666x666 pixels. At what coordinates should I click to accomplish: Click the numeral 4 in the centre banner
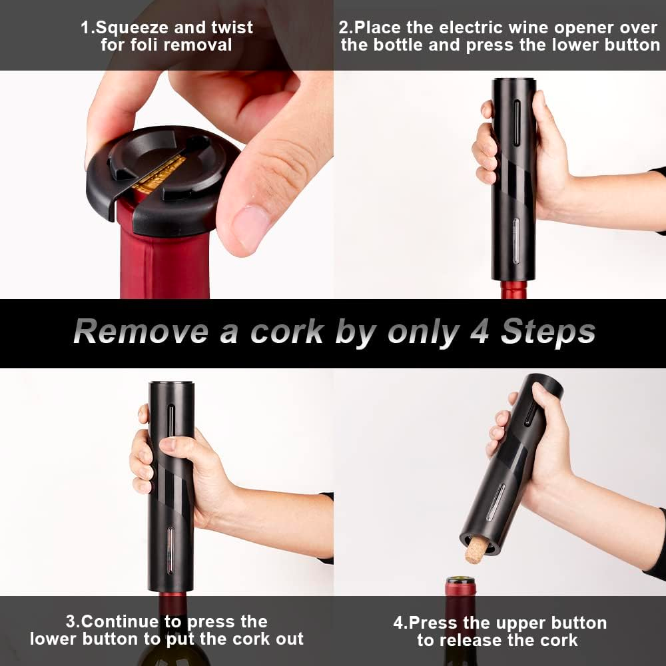tap(480, 332)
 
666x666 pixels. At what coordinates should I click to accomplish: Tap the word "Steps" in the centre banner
tap(548, 332)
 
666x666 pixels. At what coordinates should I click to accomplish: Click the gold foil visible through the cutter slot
tap(160, 174)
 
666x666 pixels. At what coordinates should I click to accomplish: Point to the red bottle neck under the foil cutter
tap(165, 255)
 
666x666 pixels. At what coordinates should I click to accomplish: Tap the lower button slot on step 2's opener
tap(515, 242)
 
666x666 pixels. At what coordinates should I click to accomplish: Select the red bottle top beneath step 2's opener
tap(514, 290)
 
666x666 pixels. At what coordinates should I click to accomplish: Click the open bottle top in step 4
tap(460, 585)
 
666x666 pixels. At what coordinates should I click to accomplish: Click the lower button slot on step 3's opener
tap(170, 551)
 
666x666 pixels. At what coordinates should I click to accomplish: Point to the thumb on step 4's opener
tap(546, 402)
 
